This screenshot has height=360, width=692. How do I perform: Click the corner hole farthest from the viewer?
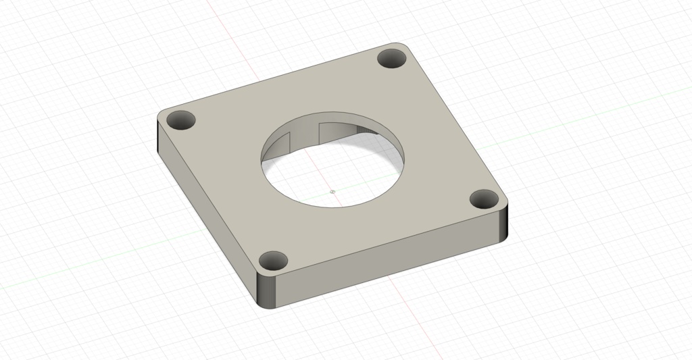pos(391,58)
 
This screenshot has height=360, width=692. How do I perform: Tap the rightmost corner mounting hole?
pos(484,199)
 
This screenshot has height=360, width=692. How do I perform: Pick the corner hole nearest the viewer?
pos(274,260)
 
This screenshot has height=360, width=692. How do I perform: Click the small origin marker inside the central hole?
pos(332,192)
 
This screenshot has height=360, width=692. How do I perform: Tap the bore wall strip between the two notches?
pos(303,134)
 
